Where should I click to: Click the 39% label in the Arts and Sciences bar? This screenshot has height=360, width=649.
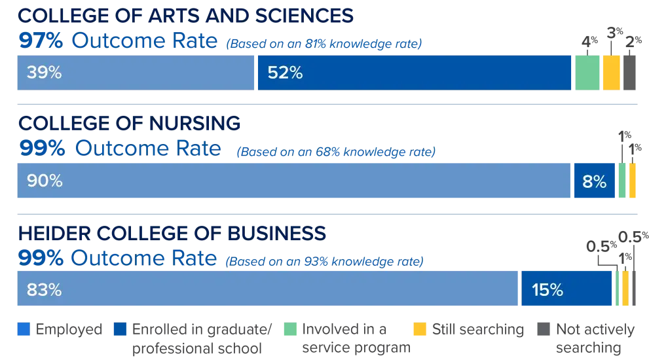click(x=44, y=73)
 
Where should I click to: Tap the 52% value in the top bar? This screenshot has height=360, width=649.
click(x=285, y=73)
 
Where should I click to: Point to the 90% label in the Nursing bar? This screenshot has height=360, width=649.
click(x=44, y=181)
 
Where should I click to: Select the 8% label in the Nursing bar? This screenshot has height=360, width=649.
click(x=594, y=181)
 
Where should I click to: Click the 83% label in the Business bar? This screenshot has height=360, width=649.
click(x=44, y=289)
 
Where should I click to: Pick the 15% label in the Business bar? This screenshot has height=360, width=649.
click(x=547, y=289)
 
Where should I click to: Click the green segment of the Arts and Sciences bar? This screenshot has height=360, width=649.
click(x=587, y=73)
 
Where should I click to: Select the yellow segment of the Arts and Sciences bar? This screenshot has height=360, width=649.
click(x=612, y=73)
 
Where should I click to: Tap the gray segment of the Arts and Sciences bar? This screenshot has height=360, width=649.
click(x=631, y=73)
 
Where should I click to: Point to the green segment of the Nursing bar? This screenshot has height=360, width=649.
click(x=623, y=181)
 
